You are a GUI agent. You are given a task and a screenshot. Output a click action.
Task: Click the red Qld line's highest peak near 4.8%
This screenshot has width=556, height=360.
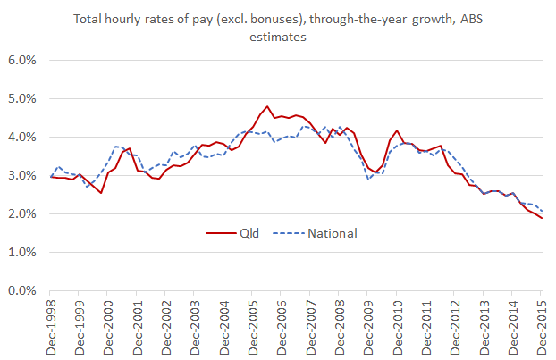point(266,106)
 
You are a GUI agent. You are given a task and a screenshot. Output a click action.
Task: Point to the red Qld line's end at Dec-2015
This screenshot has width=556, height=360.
point(541,218)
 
